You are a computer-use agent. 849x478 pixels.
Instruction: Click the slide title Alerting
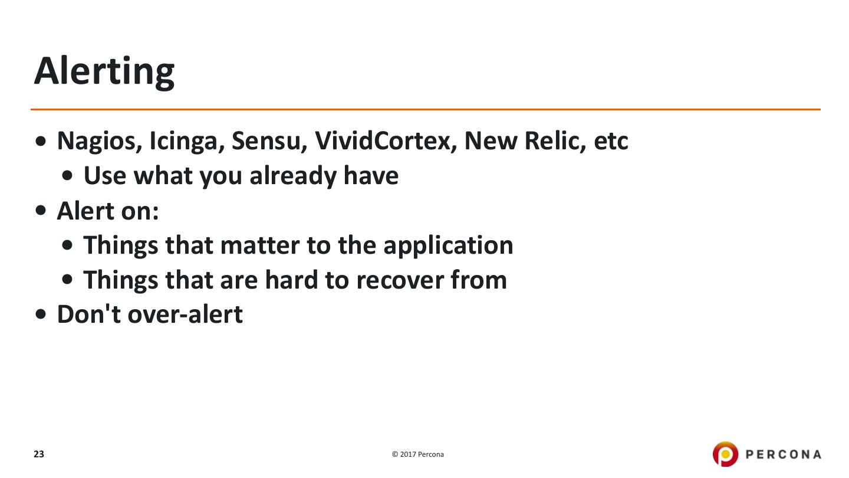point(104,72)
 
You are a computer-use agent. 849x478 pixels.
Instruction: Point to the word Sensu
point(269,140)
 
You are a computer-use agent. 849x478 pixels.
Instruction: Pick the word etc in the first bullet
point(611,142)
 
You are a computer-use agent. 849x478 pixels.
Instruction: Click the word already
point(293,176)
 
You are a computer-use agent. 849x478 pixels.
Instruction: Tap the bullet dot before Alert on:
point(40,210)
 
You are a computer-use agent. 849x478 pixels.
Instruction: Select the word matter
point(259,245)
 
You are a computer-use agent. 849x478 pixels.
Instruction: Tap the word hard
point(291,280)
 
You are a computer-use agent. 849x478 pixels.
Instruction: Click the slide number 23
point(39,454)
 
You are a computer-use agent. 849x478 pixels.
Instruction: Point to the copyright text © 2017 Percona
point(417,454)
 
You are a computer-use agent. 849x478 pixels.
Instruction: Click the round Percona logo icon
point(725,454)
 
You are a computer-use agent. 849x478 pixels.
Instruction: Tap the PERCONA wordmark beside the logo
point(783,454)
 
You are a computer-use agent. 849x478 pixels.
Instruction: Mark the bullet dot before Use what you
point(67,176)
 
